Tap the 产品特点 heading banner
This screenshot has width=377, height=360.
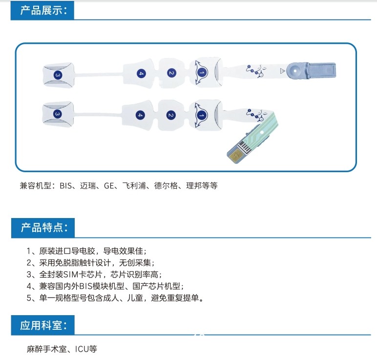[x=42, y=228]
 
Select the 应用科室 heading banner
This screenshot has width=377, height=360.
[x=42, y=325]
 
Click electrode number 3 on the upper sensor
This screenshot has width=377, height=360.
[x=58, y=75]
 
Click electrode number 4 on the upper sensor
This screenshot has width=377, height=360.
[x=141, y=73]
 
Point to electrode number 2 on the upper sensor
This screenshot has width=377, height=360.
[x=171, y=73]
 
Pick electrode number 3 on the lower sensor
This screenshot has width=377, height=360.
[x=58, y=114]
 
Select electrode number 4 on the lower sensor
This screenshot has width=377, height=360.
[x=140, y=115]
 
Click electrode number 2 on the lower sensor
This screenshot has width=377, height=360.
[x=170, y=115]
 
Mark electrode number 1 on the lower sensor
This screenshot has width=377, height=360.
[x=201, y=115]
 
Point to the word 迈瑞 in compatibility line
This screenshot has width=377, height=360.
[x=88, y=186]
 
